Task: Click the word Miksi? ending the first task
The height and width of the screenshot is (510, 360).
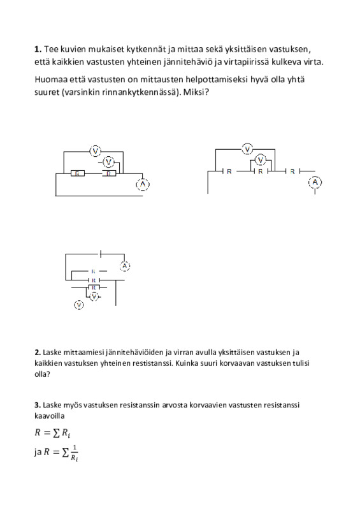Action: point(196,92)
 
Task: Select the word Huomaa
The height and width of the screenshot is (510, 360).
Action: point(47,79)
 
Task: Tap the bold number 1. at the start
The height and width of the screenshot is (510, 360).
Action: point(38,49)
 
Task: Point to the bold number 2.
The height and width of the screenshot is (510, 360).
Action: point(38,353)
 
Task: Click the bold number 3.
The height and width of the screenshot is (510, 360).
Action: point(38,405)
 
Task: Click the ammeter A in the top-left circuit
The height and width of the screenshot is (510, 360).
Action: point(143,184)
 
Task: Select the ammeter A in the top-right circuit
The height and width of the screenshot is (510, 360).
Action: point(315,182)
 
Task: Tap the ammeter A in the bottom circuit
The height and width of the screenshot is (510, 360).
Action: point(124,266)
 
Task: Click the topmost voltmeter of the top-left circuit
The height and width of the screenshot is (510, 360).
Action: point(96,151)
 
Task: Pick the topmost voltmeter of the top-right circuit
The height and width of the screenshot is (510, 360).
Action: point(248,149)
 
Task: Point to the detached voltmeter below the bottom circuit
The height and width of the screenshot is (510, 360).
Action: point(79,305)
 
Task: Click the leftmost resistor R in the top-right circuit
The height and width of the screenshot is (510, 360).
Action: point(229,171)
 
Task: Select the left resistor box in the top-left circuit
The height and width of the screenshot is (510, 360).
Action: point(77,173)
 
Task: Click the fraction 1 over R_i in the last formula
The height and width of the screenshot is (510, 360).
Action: point(75,453)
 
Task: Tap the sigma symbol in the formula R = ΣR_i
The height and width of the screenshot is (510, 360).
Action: point(56,433)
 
